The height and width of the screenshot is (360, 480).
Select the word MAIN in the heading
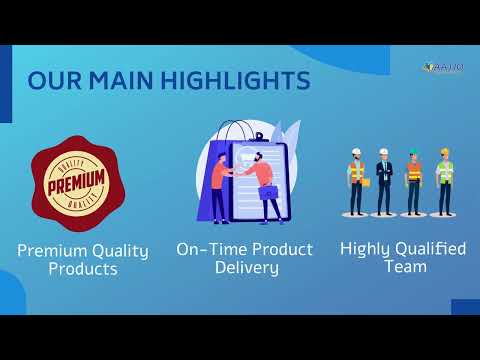[122, 79]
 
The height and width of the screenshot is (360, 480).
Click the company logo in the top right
[437, 68]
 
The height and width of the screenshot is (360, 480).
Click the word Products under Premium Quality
[82, 269]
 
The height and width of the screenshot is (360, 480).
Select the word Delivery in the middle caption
[245, 268]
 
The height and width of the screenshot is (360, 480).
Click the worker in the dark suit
[383, 181]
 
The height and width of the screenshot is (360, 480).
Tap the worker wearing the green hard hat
[413, 181]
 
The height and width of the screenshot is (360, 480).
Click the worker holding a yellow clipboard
[355, 181]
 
